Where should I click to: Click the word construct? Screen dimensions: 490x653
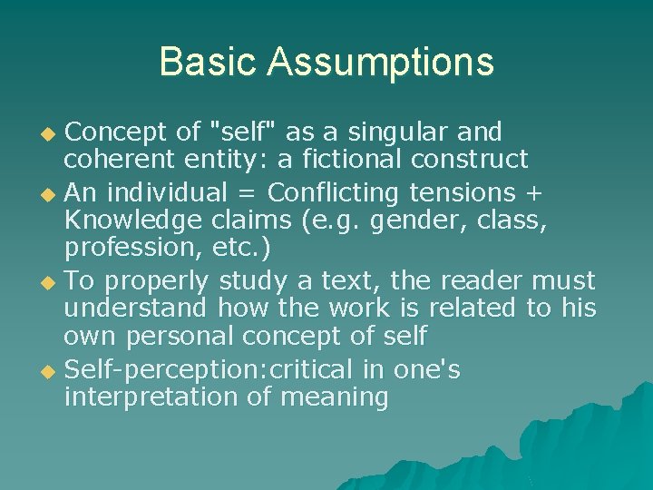473,160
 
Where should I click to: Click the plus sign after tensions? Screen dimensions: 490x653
534,192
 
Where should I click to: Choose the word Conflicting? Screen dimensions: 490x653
336,192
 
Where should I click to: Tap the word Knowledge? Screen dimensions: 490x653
130,220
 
